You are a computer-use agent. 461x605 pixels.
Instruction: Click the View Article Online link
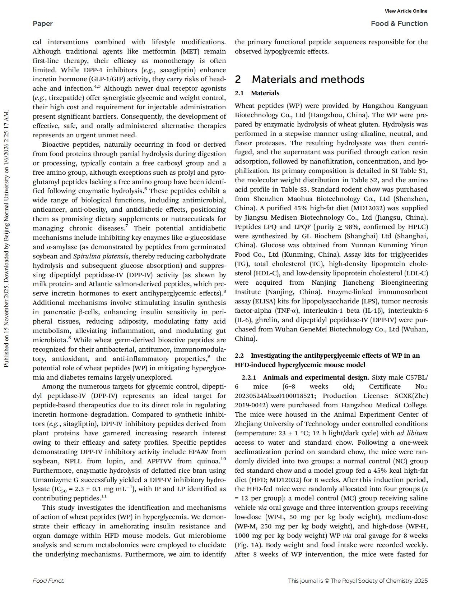(x=406, y=11)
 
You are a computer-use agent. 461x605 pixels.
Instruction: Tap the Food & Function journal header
(x=399, y=24)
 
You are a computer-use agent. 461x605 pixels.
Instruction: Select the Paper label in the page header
(x=42, y=24)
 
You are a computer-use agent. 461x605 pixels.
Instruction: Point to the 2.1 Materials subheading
(x=257, y=93)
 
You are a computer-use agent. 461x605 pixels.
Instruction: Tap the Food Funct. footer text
(x=48, y=581)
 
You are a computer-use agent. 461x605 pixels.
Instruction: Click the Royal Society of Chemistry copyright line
(x=358, y=581)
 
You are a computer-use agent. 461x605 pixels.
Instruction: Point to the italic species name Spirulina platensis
(x=101, y=256)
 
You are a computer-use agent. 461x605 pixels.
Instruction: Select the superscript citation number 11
(x=104, y=496)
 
